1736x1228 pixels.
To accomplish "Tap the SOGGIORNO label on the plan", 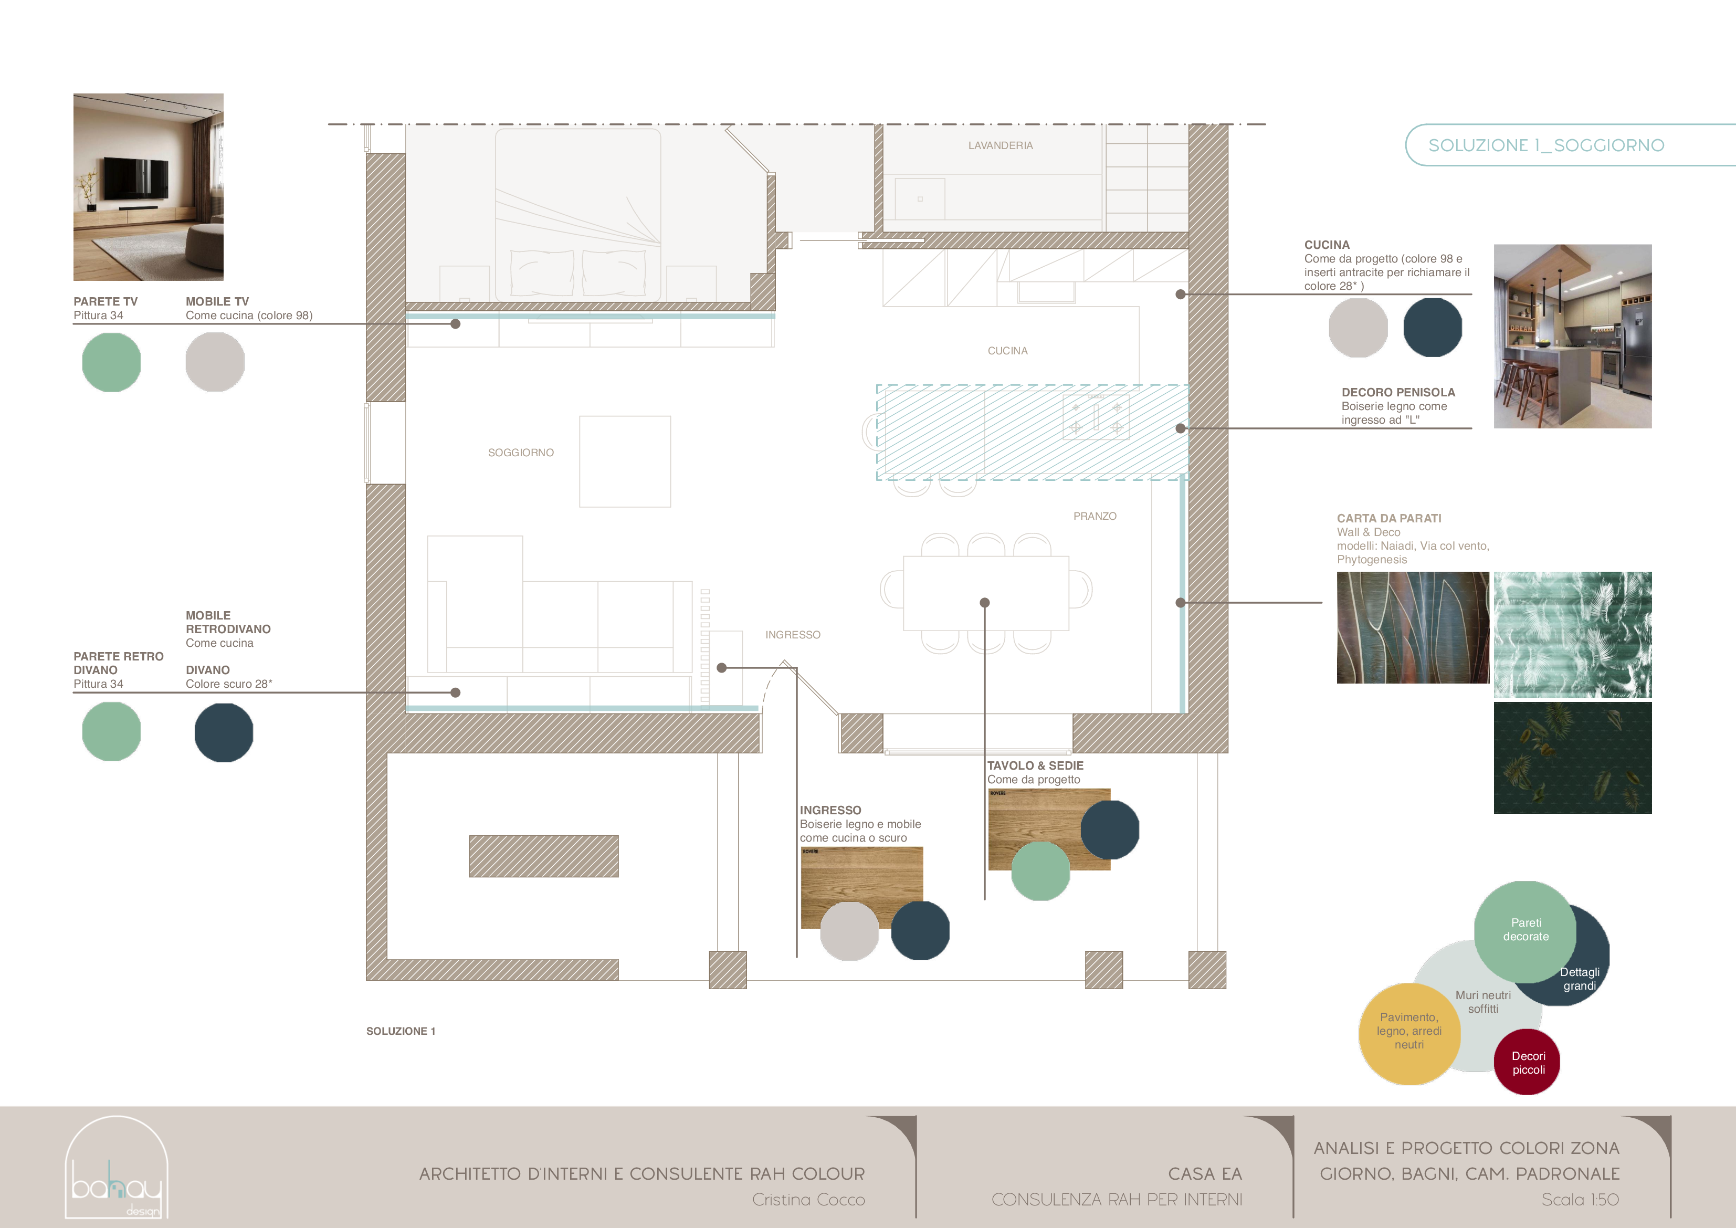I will pyautogui.click(x=520, y=452).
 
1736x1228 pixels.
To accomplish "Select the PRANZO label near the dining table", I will pyautogui.click(x=1094, y=516).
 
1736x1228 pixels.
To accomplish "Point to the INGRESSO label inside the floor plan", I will pyautogui.click(x=792, y=634).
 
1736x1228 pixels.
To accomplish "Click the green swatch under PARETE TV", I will pyautogui.click(x=111, y=362).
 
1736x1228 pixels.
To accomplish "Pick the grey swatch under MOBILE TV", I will pyautogui.click(x=215, y=362).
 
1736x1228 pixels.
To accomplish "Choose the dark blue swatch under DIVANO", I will pyautogui.click(x=223, y=732).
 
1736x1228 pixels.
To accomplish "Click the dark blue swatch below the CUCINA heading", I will pyautogui.click(x=1432, y=327).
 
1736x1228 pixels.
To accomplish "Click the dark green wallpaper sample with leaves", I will pyautogui.click(x=1572, y=758).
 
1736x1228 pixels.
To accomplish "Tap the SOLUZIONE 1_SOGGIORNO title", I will pyautogui.click(x=1545, y=145).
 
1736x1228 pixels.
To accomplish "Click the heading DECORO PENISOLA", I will pyautogui.click(x=1397, y=392).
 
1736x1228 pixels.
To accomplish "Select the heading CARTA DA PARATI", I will pyautogui.click(x=1388, y=518).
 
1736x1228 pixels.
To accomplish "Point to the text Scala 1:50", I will pyautogui.click(x=1580, y=1199).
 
